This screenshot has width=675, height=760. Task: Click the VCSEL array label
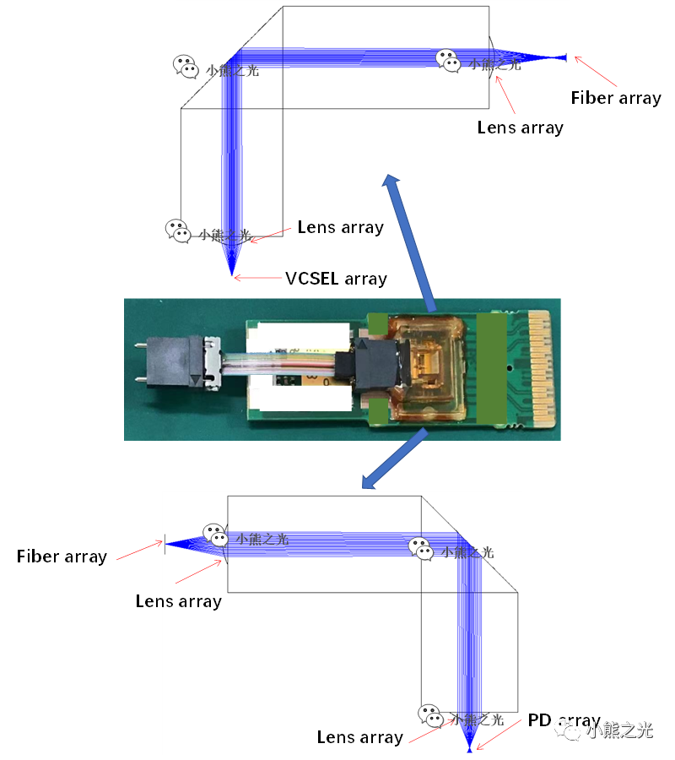point(336,279)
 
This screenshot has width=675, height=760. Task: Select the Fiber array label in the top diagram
point(616,98)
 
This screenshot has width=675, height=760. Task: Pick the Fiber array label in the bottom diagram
point(62,556)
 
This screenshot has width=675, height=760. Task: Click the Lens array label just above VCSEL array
point(340,227)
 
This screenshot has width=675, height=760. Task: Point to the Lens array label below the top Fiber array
point(520,128)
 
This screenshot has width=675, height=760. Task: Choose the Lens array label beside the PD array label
point(359,737)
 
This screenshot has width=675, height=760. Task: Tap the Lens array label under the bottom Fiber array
point(178,601)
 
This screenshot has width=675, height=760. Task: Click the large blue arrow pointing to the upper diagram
point(411,244)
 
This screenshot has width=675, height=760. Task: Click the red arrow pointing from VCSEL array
point(258,277)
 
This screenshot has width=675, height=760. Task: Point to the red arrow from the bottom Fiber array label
point(138,551)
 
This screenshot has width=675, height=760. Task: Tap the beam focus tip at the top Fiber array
point(564,57)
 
